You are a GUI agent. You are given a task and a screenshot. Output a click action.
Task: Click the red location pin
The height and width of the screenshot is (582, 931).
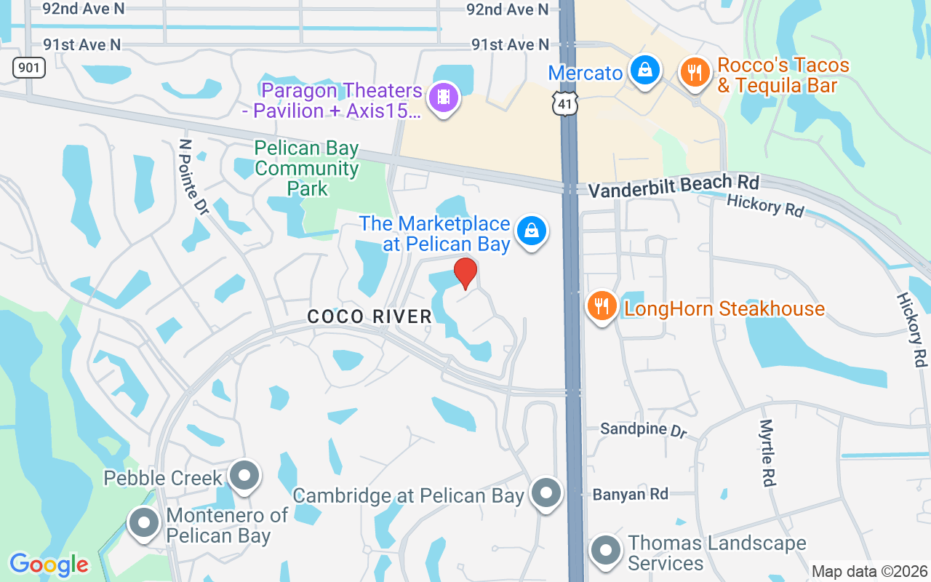tap(465, 274)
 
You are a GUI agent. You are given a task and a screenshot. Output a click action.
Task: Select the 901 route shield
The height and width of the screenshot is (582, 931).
tap(29, 68)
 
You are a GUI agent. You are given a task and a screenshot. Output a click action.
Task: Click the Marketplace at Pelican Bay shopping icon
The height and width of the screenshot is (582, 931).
tap(532, 231)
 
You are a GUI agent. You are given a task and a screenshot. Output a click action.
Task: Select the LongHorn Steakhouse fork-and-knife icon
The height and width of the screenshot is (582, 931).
tap(602, 306)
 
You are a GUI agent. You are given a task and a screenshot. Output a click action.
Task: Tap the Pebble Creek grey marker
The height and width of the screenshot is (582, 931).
tap(244, 477)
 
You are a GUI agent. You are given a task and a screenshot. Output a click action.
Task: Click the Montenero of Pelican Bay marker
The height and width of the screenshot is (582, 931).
tap(144, 523)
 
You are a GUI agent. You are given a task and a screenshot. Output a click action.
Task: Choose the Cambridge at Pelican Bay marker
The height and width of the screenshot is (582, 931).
tap(546, 494)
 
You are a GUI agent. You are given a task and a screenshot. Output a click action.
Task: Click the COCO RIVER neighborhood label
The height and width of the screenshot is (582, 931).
tap(369, 316)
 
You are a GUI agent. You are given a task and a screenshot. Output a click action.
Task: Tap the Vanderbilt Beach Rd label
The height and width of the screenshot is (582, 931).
tap(674, 186)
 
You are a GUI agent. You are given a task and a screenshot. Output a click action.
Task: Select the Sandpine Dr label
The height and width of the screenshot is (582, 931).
tap(644, 429)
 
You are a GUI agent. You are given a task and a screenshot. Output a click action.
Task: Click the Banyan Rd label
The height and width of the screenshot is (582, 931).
tap(630, 495)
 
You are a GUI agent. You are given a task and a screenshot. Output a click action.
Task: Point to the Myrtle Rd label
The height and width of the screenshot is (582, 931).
tap(768, 453)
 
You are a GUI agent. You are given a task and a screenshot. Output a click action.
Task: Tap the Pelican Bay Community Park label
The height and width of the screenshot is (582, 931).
tap(307, 169)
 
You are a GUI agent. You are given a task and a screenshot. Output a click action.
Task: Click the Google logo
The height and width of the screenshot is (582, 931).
tap(49, 565)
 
